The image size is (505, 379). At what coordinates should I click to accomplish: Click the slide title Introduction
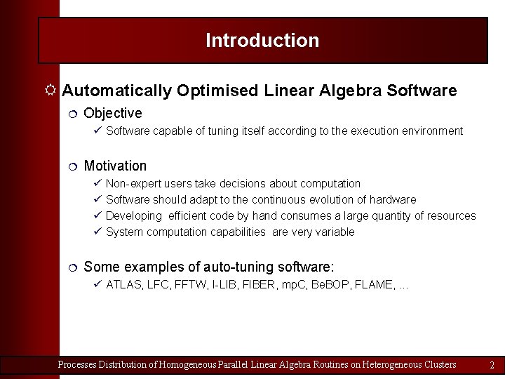pyautogui.click(x=262, y=41)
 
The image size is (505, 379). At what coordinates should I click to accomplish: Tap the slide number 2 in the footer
pyautogui.click(x=492, y=365)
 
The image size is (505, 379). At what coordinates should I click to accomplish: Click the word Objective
pyautogui.click(x=112, y=113)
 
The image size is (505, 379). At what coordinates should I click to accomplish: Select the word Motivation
pyautogui.click(x=115, y=166)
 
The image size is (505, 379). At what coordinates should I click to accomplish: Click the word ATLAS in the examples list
pyautogui.click(x=123, y=285)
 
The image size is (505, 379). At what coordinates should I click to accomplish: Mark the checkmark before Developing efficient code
pyautogui.click(x=97, y=215)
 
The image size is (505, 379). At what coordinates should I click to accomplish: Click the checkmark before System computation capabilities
pyautogui.click(x=97, y=232)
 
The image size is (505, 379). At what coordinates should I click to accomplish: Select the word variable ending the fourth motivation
pyautogui.click(x=333, y=232)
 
